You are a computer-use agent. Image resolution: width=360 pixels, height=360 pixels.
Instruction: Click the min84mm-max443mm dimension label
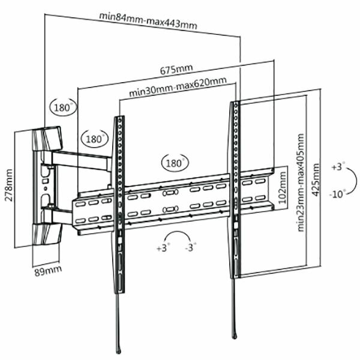coord(148,21)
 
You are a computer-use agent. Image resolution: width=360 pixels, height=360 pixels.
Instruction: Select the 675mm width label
coord(176,70)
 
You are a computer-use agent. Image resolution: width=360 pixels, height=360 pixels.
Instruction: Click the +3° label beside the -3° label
coord(163,247)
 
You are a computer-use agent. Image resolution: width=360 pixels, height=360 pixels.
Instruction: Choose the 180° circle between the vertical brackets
coord(174,163)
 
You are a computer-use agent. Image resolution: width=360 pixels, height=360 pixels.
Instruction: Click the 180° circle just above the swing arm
coord(94,139)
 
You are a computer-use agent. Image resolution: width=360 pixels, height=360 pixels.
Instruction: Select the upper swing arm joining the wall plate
coord(81,159)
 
